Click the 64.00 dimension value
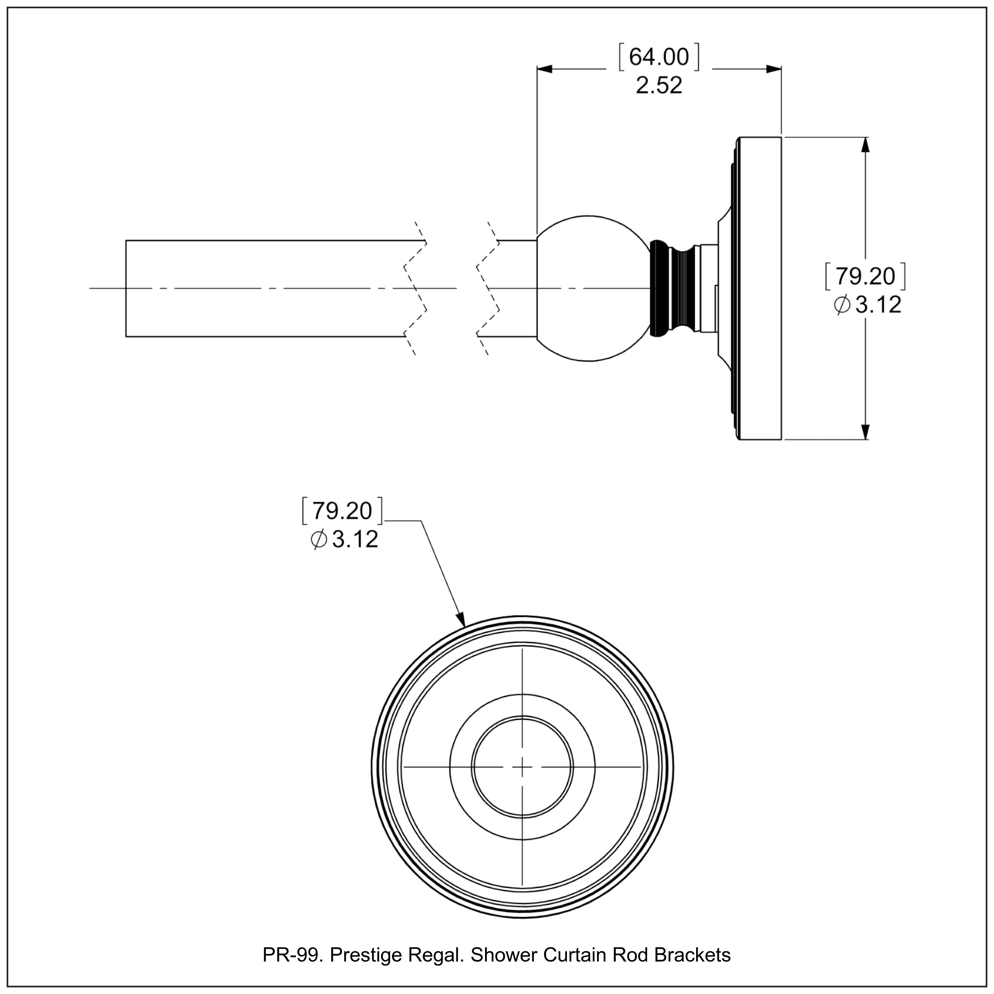659,57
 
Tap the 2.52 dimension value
659,85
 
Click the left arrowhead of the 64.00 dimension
544,69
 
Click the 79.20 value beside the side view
865,277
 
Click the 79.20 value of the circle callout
342,511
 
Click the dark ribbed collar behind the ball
660,288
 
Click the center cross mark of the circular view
522,767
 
